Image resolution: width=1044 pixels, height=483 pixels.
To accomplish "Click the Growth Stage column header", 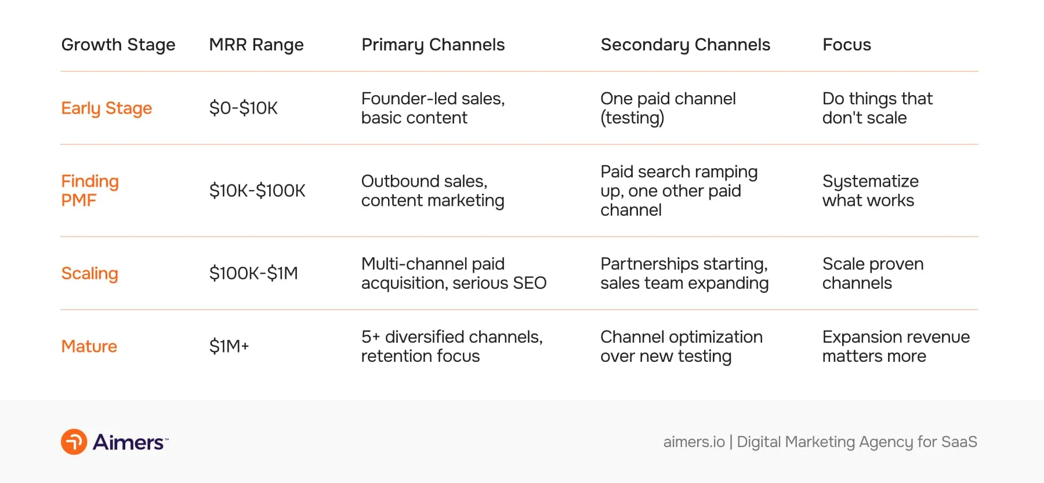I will (x=118, y=45).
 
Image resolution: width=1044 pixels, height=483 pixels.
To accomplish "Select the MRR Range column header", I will (x=256, y=45).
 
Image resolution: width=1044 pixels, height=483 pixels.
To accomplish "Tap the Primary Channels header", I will (x=433, y=45).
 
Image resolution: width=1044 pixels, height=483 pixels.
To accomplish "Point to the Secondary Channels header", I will (x=685, y=45).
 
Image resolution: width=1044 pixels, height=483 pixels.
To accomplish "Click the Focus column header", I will (x=846, y=45).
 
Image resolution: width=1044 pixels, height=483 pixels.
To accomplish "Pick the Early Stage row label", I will (x=107, y=108).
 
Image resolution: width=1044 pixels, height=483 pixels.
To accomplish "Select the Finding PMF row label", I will (x=90, y=191).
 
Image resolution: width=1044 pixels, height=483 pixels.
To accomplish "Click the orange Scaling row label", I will (x=90, y=273).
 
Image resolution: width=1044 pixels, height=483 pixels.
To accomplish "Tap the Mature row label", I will (x=89, y=346).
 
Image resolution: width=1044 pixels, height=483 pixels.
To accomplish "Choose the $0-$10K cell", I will (x=244, y=108).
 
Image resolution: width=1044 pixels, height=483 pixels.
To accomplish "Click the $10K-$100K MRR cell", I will (x=257, y=191).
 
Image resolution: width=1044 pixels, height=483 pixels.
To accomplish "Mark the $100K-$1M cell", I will (x=253, y=273).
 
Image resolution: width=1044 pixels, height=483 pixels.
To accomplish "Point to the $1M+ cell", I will (x=229, y=346).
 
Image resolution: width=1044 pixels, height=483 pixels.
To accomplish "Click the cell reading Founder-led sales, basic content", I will (x=433, y=108).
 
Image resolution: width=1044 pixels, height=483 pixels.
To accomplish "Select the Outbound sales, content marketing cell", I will (x=433, y=191).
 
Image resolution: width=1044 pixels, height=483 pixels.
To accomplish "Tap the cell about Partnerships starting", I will (x=684, y=273).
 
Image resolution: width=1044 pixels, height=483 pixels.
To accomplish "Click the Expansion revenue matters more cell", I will (x=896, y=346).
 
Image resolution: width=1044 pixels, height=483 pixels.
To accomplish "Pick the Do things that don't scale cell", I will (x=877, y=108).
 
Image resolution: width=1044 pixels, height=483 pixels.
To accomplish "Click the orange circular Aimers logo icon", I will (x=74, y=442).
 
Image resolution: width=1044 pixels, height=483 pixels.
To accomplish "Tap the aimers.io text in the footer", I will (x=694, y=442).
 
